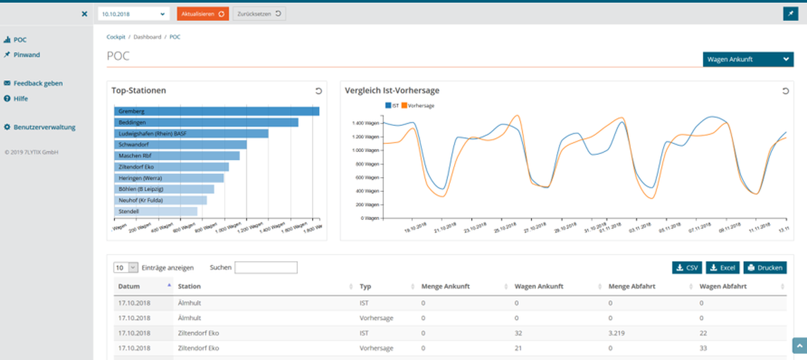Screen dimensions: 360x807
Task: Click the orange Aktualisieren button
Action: (202, 13)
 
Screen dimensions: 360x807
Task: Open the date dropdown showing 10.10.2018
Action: (133, 13)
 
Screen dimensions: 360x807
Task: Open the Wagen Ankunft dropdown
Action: (748, 59)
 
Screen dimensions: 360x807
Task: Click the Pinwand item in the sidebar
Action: (26, 55)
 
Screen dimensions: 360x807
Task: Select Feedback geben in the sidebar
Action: (38, 83)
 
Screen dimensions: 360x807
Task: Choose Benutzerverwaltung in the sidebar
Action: (44, 127)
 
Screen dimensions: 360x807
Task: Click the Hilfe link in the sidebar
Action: (20, 98)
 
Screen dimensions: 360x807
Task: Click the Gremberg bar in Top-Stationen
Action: (217, 111)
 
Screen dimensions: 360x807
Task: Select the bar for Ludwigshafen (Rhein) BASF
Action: (191, 134)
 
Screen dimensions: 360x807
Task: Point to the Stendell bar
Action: (155, 211)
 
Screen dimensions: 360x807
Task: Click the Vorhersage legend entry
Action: (420, 106)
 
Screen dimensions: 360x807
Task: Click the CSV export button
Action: (686, 268)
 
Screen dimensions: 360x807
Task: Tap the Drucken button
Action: (765, 268)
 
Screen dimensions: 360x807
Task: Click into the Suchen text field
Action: (266, 268)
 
